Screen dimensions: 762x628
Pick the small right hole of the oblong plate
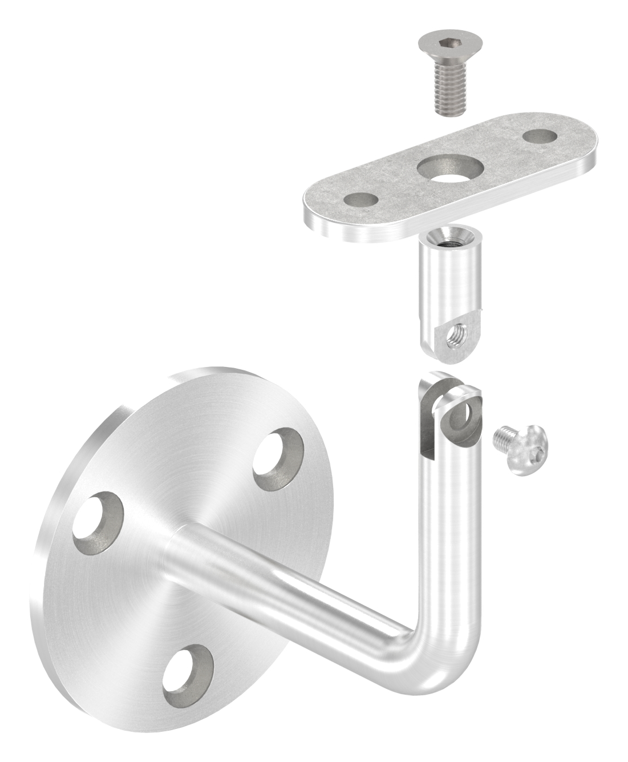[540, 136]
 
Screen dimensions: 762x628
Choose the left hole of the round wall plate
[98, 517]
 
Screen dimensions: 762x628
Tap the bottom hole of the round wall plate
[188, 674]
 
